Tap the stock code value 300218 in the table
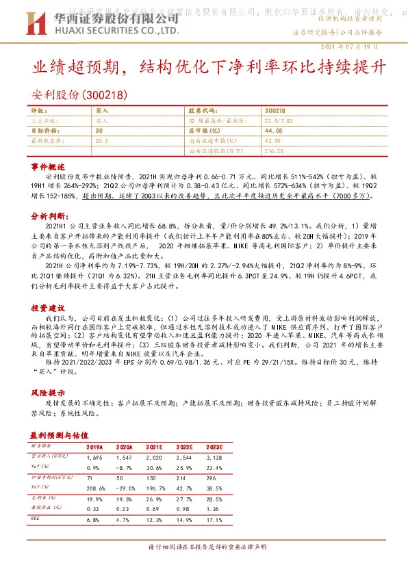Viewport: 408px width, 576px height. click(275, 110)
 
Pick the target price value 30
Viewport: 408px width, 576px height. click(99, 130)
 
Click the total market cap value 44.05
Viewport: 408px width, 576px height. click(273, 130)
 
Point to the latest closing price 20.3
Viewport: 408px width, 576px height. click(102, 140)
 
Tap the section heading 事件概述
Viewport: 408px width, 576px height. click(48, 167)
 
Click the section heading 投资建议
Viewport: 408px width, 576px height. click(48, 290)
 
